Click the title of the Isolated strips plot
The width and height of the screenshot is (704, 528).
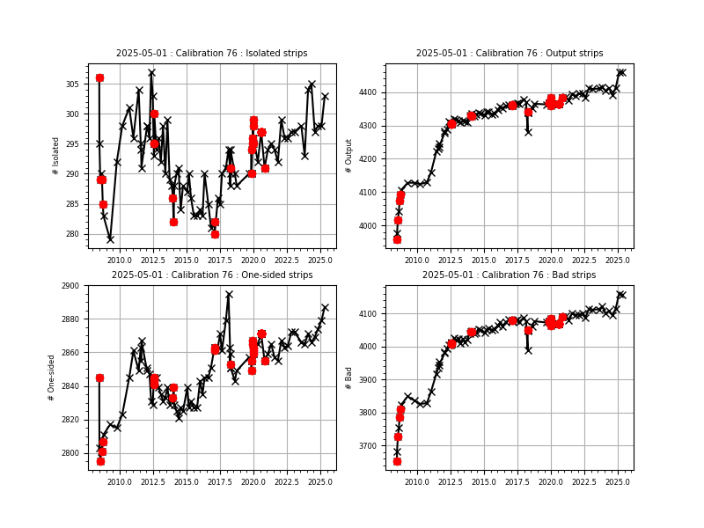[211, 54]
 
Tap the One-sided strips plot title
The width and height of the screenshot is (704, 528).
[211, 275]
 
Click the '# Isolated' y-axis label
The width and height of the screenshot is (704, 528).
[56, 156]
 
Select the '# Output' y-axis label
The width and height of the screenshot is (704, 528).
[349, 156]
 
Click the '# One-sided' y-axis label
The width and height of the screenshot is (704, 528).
[52, 378]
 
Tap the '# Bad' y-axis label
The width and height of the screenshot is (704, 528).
[349, 378]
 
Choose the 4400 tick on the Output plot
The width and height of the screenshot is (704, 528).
[368, 92]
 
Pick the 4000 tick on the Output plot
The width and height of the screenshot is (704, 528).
[368, 226]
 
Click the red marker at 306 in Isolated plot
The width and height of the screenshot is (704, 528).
[99, 77]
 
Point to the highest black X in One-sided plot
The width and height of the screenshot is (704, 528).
[229, 295]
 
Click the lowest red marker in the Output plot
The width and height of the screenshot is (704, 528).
[397, 238]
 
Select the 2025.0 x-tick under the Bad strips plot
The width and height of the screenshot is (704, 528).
[618, 482]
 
